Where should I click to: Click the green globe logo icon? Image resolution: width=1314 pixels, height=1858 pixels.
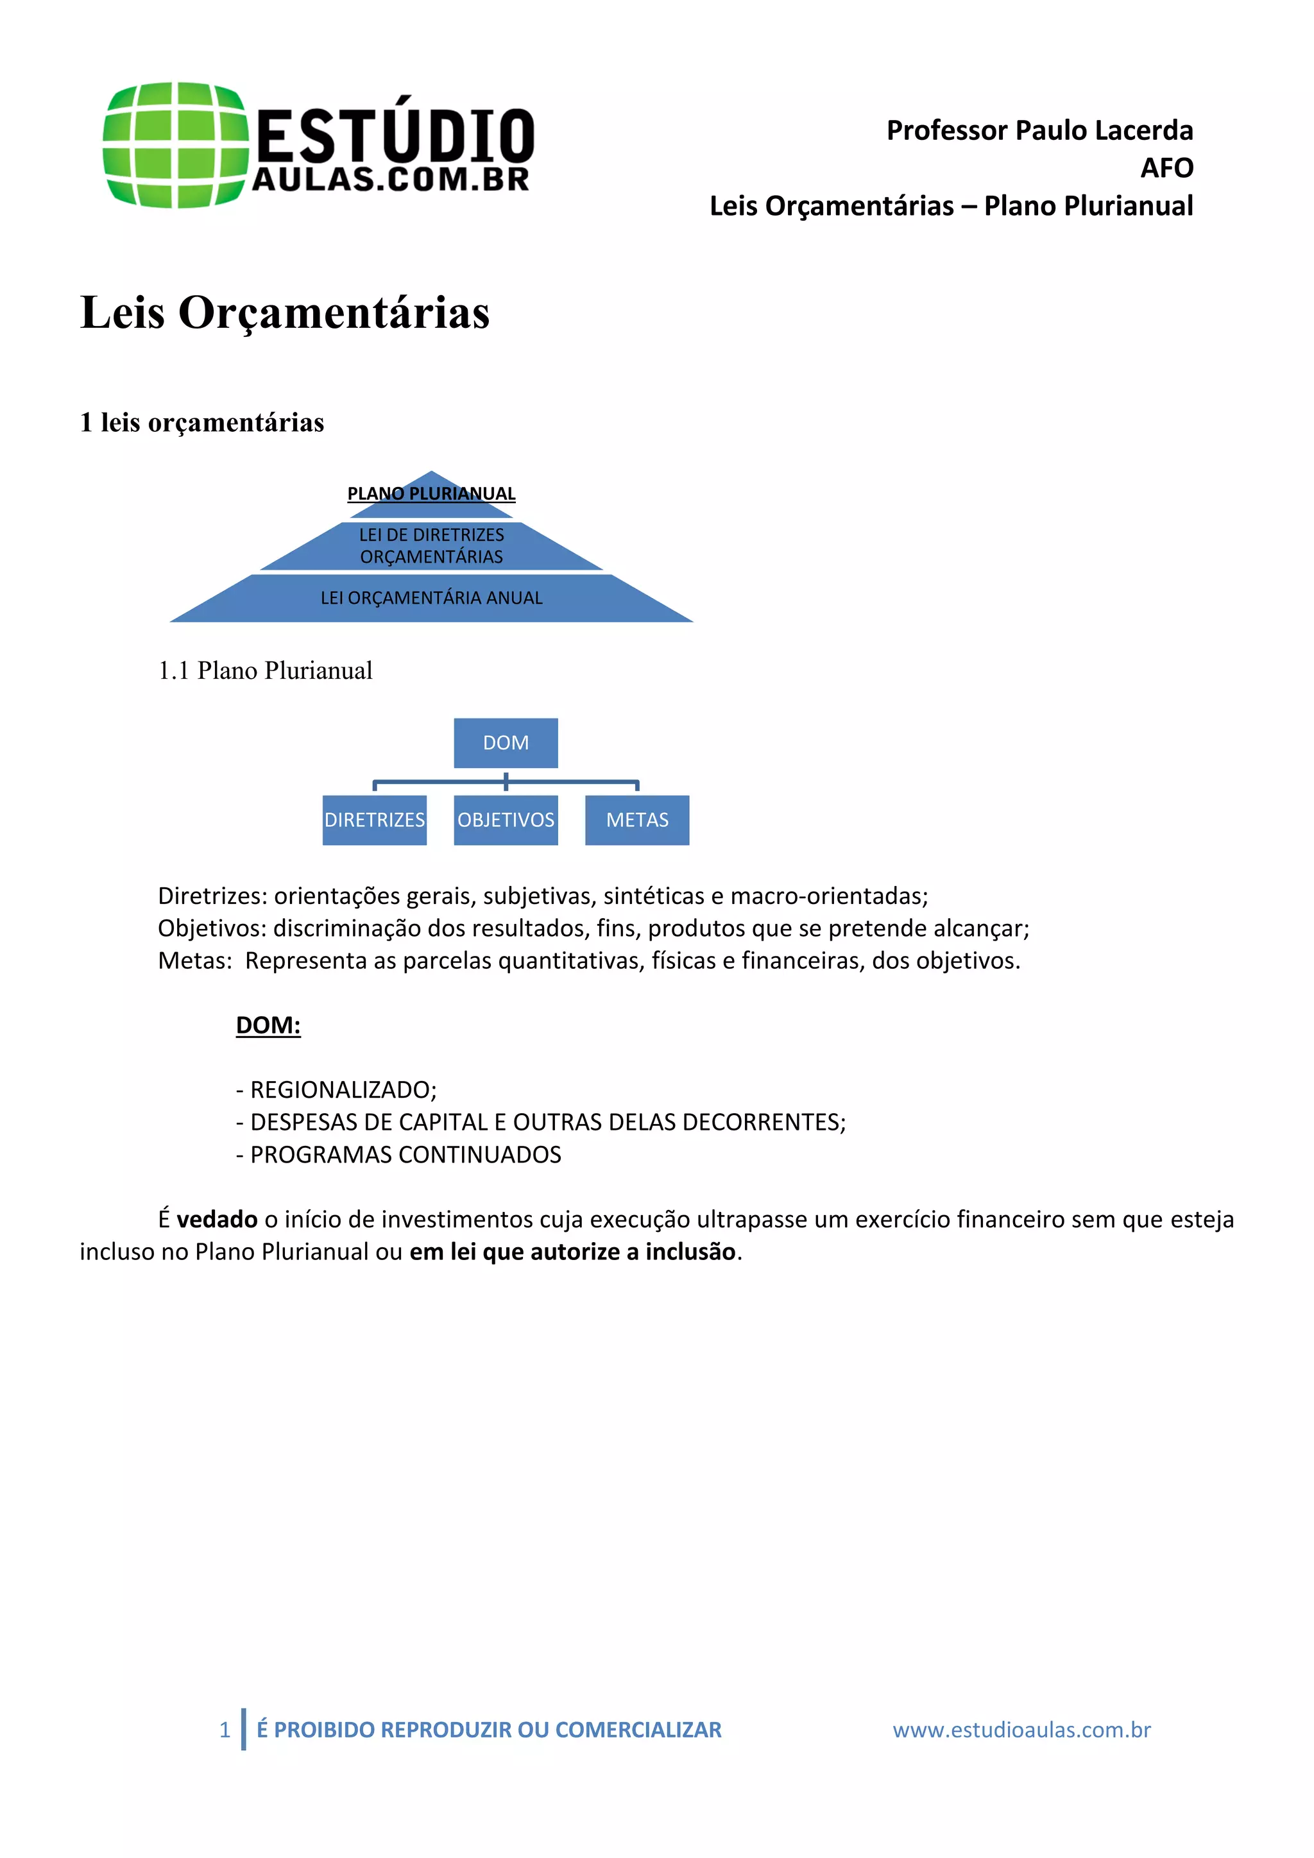coord(174,145)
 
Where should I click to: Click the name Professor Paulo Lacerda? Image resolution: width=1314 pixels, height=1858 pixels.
coord(1039,130)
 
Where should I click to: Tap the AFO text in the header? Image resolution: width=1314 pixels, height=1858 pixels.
coord(1166,168)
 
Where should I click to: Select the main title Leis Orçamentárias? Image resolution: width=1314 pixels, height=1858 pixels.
coord(285,312)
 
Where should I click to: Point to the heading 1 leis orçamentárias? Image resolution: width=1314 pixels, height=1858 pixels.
coord(201,422)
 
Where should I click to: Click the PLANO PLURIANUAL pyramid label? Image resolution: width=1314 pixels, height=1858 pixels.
coord(431,493)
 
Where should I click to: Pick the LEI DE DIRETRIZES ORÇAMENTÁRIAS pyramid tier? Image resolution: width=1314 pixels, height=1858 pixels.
coord(431,546)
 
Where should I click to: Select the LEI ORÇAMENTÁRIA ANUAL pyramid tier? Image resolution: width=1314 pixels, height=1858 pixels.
coord(431,598)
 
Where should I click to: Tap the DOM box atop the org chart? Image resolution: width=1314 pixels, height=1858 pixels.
coord(506,743)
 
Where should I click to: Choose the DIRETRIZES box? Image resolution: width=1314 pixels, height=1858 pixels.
coord(374,820)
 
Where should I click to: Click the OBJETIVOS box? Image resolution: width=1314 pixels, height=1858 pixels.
coord(506,820)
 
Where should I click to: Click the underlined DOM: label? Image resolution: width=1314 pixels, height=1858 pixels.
coord(268,1025)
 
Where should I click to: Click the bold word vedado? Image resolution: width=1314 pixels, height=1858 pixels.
coord(217,1219)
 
